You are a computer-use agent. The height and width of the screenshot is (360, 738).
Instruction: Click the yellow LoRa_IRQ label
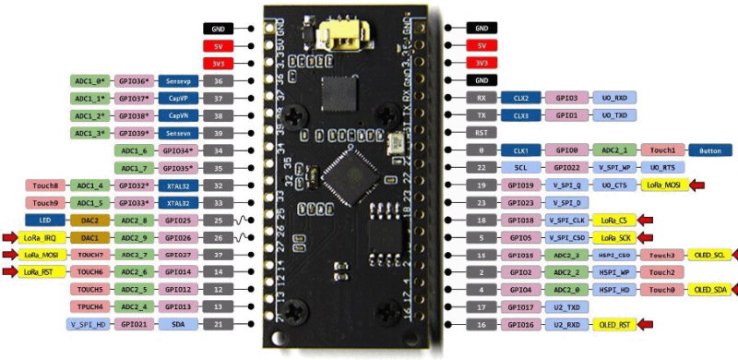pos(42,237)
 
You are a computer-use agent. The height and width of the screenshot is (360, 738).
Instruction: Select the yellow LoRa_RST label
pos(42,271)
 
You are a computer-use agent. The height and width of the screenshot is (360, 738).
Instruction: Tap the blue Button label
pos(710,150)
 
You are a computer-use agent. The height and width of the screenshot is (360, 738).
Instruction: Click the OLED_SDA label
pos(708,290)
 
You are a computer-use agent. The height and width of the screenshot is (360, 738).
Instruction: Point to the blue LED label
pos(45,221)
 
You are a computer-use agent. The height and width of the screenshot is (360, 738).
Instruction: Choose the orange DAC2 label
pos(89,221)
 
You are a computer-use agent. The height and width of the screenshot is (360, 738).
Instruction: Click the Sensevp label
pos(179,81)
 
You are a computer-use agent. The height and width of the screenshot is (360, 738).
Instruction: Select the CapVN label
pos(179,116)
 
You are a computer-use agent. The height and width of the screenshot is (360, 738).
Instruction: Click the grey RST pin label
pos(482,132)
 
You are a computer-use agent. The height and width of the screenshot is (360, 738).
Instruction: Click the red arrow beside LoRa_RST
pos(10,271)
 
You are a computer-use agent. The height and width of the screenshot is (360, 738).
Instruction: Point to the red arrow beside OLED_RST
pos(654,325)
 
